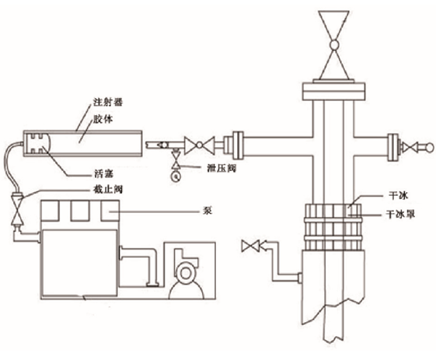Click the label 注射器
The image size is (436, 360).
pyautogui.click(x=108, y=102)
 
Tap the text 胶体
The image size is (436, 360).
pyautogui.click(x=103, y=119)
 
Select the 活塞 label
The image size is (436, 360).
pyautogui.click(x=103, y=174)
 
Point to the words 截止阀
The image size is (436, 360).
pyautogui.click(x=107, y=190)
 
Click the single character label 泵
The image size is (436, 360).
pyautogui.click(x=208, y=211)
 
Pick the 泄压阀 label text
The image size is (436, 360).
pyautogui.click(x=221, y=168)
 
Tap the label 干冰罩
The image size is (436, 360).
pyautogui.click(x=400, y=215)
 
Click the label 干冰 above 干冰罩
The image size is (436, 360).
pyautogui.click(x=398, y=196)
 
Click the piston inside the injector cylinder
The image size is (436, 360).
pyautogui.click(x=37, y=144)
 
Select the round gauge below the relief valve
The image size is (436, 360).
pyautogui.click(x=176, y=177)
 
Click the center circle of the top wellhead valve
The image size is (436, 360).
pyautogui.click(x=333, y=44)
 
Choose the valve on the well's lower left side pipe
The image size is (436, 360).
pyautogui.click(x=250, y=246)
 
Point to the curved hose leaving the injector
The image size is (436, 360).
pyautogui.click(x=9, y=166)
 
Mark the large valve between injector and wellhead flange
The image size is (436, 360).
pyautogui.click(x=200, y=145)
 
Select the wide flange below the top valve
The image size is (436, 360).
pyautogui.click(x=333, y=91)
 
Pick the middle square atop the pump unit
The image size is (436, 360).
pyautogui.click(x=80, y=211)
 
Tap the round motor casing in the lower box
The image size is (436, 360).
pyautogui.click(x=185, y=273)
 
